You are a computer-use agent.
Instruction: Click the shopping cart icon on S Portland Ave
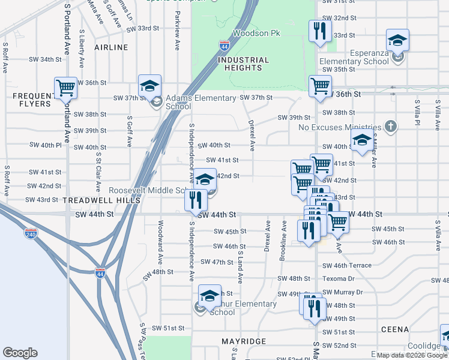(x=65, y=88)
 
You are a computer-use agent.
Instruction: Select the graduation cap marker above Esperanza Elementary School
(x=397, y=40)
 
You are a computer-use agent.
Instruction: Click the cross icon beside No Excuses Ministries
(x=391, y=126)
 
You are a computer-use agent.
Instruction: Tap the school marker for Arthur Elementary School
(x=209, y=296)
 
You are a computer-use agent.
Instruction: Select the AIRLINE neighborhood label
(x=111, y=47)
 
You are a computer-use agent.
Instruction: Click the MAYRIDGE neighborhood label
(x=244, y=341)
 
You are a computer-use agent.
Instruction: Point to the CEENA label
(x=394, y=329)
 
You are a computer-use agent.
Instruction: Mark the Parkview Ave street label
(x=177, y=37)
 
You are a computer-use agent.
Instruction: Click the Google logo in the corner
(x=20, y=353)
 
